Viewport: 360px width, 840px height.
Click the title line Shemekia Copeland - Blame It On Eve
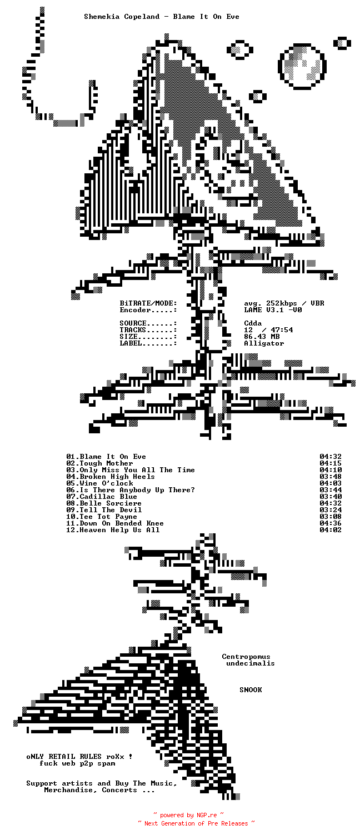[x=162, y=17]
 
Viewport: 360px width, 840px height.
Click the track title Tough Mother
[x=106, y=463]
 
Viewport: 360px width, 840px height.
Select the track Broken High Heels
[x=117, y=477]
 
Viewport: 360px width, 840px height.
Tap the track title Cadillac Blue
[x=108, y=497]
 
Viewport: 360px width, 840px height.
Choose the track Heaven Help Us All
[x=119, y=530]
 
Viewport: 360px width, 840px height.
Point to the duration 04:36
[x=331, y=523]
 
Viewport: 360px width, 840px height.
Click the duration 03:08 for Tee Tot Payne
[x=331, y=517]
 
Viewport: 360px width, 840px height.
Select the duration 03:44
[x=331, y=490]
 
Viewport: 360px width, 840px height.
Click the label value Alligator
[x=264, y=343]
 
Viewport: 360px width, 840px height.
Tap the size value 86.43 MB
[x=262, y=337]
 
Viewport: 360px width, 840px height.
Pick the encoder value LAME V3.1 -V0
[x=273, y=310]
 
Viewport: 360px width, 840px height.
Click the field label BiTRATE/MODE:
[x=148, y=303]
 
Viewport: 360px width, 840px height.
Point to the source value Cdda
[x=253, y=323]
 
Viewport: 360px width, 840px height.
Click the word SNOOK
[x=251, y=690]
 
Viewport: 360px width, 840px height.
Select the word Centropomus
[x=246, y=657]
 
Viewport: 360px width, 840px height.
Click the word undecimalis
[x=251, y=663]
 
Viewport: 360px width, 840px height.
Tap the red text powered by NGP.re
[x=188, y=816]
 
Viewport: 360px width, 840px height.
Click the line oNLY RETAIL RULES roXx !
[x=79, y=757]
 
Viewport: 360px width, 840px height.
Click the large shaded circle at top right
[x=303, y=66]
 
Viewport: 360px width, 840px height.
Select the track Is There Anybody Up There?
[x=137, y=490]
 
